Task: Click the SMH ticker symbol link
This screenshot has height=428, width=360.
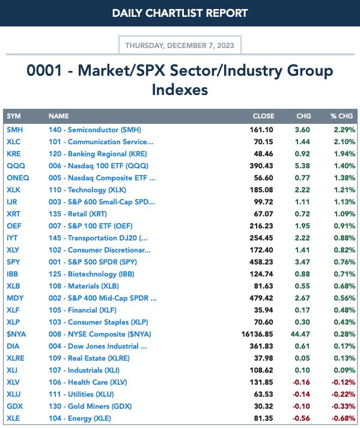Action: (15, 130)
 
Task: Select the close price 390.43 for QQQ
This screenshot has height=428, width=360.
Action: (261, 166)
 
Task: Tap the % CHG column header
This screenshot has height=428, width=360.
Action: (341, 116)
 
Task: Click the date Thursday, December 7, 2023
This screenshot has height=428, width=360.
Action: (180, 45)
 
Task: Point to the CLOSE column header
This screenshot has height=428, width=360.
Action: (263, 116)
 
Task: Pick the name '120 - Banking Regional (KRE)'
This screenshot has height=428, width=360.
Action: (98, 154)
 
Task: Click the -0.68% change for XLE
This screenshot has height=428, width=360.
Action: (343, 418)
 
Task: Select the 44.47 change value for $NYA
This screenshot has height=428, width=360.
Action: (301, 334)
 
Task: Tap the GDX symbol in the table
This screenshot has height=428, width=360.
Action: (15, 406)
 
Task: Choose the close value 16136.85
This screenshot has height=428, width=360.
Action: (257, 334)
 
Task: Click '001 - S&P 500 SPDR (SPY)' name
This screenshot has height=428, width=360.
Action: (93, 261)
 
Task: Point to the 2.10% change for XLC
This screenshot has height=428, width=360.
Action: (344, 142)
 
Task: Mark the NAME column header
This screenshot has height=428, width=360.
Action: (59, 116)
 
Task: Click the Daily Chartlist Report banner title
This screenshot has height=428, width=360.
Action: (180, 13)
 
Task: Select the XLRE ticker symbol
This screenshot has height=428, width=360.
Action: (16, 358)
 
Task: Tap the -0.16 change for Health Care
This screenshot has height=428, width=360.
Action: (301, 382)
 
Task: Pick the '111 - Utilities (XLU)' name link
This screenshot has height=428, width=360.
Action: (81, 394)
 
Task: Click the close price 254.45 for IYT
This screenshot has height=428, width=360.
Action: (261, 238)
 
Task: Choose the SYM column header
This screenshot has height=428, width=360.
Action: (14, 116)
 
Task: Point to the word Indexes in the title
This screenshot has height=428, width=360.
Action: (180, 90)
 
